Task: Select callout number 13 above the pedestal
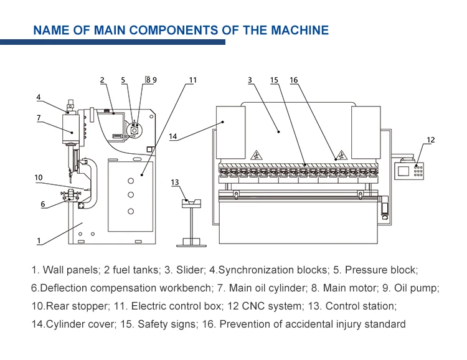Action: [175, 182]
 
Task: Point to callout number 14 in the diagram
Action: [173, 136]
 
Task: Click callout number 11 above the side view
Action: [193, 80]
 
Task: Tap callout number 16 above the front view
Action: [294, 80]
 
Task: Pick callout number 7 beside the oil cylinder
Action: [39, 117]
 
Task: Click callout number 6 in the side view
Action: [42, 204]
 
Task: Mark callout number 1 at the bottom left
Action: [39, 240]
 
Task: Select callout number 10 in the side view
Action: [39, 178]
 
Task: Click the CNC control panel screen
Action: [405, 169]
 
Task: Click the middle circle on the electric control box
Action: [131, 196]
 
